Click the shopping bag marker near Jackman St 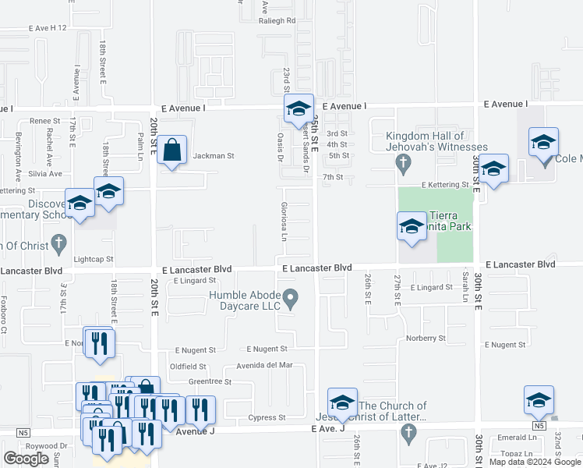pyautogui.click(x=172, y=150)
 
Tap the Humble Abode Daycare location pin pyautogui.click(x=291, y=297)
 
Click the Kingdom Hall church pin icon pyautogui.click(x=402, y=162)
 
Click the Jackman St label pyautogui.click(x=214, y=156)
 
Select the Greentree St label pyautogui.click(x=210, y=381)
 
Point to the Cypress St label pyautogui.click(x=270, y=417)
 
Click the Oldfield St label pyautogui.click(x=188, y=366)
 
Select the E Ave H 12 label pyautogui.click(x=48, y=28)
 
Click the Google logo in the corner pyautogui.click(x=26, y=459)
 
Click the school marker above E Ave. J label pyautogui.click(x=341, y=402)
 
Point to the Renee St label pyautogui.click(x=45, y=121)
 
